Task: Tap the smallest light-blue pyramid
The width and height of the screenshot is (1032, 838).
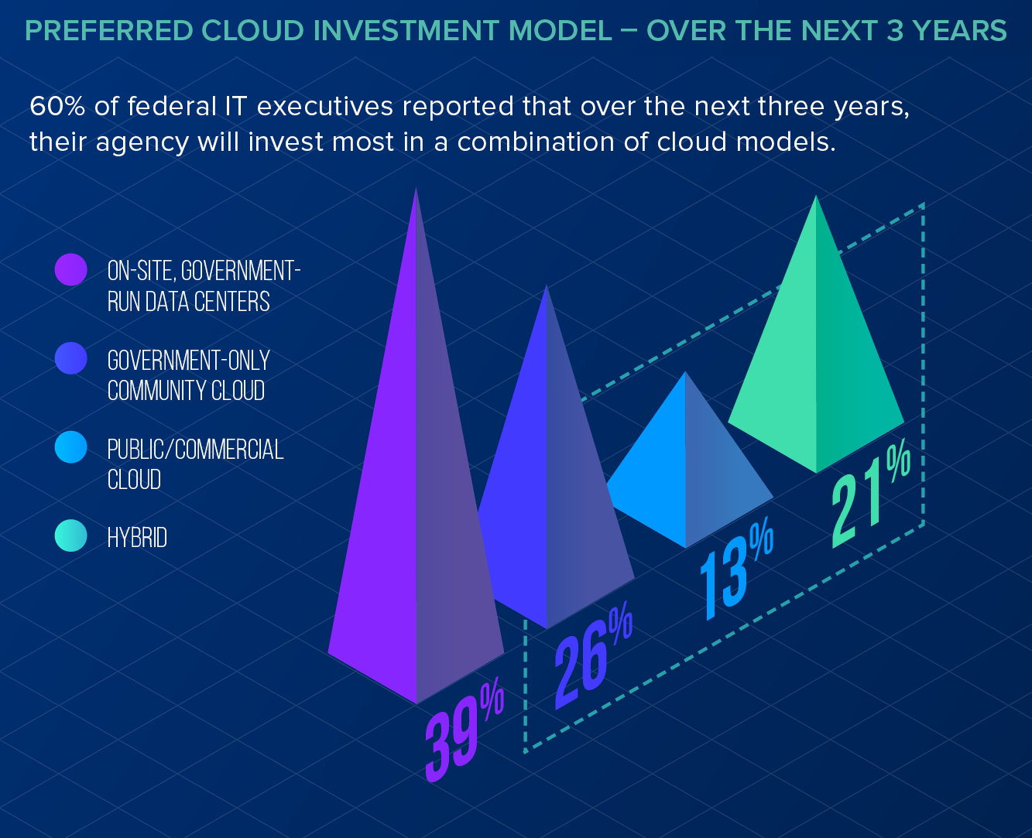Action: (687, 472)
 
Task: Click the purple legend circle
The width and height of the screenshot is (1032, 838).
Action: (71, 270)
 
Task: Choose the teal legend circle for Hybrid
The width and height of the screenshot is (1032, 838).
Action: (71, 536)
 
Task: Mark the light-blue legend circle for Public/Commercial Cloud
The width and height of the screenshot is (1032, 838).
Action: (71, 448)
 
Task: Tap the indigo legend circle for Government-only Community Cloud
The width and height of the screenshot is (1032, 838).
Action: (71, 359)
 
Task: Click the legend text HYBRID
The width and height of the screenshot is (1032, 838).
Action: (137, 538)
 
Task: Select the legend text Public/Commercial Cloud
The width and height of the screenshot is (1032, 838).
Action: (195, 464)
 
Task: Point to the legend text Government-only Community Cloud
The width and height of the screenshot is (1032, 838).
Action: (188, 375)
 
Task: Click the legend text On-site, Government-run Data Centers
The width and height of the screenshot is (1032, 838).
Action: (203, 286)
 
